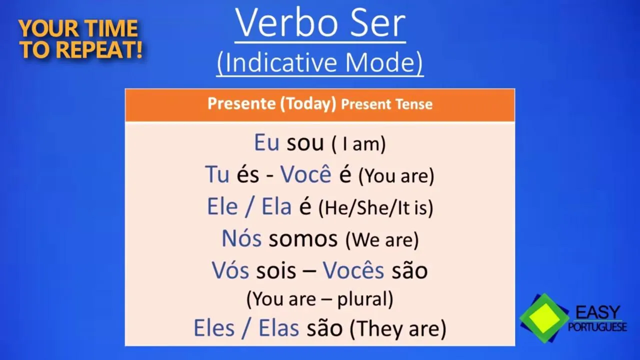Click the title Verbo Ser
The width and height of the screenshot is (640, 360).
pos(320,23)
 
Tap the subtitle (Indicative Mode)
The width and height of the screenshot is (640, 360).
pos(320,63)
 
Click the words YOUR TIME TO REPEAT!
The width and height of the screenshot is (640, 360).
pos(80,39)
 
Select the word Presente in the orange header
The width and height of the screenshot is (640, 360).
pos(241,103)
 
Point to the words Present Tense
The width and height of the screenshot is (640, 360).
pos(387,104)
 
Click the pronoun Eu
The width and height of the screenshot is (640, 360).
pos(266,142)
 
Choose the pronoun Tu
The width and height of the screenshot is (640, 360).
pos(217,174)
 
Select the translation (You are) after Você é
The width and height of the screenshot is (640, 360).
pos(396,175)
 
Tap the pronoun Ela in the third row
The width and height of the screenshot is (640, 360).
pos(276,206)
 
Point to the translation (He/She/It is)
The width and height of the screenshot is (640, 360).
pos(376,207)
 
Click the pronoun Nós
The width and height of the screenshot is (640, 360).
pos(241,237)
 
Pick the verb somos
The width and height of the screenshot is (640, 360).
pos(303,239)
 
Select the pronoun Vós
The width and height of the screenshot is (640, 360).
pos(230,269)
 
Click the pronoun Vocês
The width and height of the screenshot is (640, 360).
pos(353,269)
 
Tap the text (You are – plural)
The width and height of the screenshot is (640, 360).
pos(319,299)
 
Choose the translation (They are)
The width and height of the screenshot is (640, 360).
pos(398,329)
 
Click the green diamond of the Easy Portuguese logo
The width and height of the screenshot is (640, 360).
pos(544,318)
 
